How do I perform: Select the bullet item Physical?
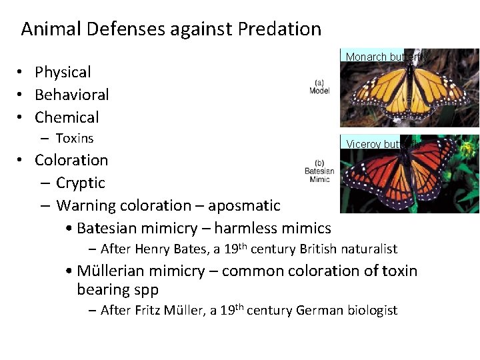click(63, 72)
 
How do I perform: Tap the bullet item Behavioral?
click(71, 95)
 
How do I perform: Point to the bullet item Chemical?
click(67, 117)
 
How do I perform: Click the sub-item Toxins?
click(75, 139)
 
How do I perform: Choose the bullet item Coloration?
click(71, 160)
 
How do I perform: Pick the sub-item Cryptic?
click(81, 183)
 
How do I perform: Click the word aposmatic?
click(248, 205)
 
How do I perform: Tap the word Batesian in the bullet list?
click(107, 228)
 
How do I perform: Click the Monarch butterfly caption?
click(385, 57)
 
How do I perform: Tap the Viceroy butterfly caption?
click(383, 143)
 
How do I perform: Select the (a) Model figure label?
click(319, 87)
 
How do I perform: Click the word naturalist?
click(369, 249)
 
